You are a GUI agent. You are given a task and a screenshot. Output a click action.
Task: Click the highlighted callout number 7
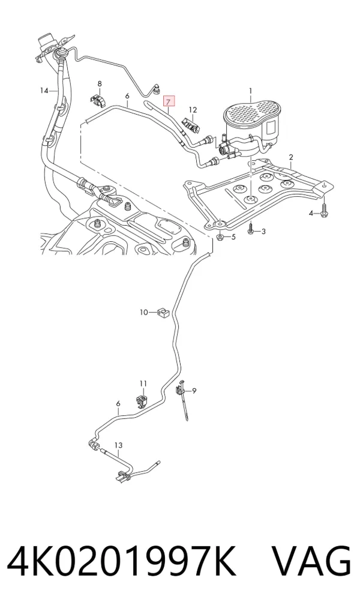click(x=169, y=101)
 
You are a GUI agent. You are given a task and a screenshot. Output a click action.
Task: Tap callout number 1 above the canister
click(x=251, y=91)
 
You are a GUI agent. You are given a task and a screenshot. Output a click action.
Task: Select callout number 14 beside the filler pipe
click(x=44, y=91)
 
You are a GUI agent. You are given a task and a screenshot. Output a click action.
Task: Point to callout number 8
click(x=100, y=84)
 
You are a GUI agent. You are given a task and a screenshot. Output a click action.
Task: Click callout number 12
click(x=193, y=110)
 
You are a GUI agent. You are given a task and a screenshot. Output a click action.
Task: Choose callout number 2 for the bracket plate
click(x=291, y=157)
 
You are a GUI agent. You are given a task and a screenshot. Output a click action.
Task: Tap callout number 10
click(x=144, y=312)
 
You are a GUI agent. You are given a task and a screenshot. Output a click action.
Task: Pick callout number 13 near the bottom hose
click(x=118, y=445)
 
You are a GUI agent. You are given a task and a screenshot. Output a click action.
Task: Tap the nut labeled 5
click(x=220, y=236)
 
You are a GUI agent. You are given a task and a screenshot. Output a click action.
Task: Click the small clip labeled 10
click(x=163, y=312)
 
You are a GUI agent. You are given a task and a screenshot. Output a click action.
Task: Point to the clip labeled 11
click(x=143, y=402)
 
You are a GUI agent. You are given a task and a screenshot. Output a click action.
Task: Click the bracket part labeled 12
click(x=191, y=124)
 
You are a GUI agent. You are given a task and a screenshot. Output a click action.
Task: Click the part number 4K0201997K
click(x=122, y=562)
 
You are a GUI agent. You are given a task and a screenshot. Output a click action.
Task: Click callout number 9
click(x=194, y=391)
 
